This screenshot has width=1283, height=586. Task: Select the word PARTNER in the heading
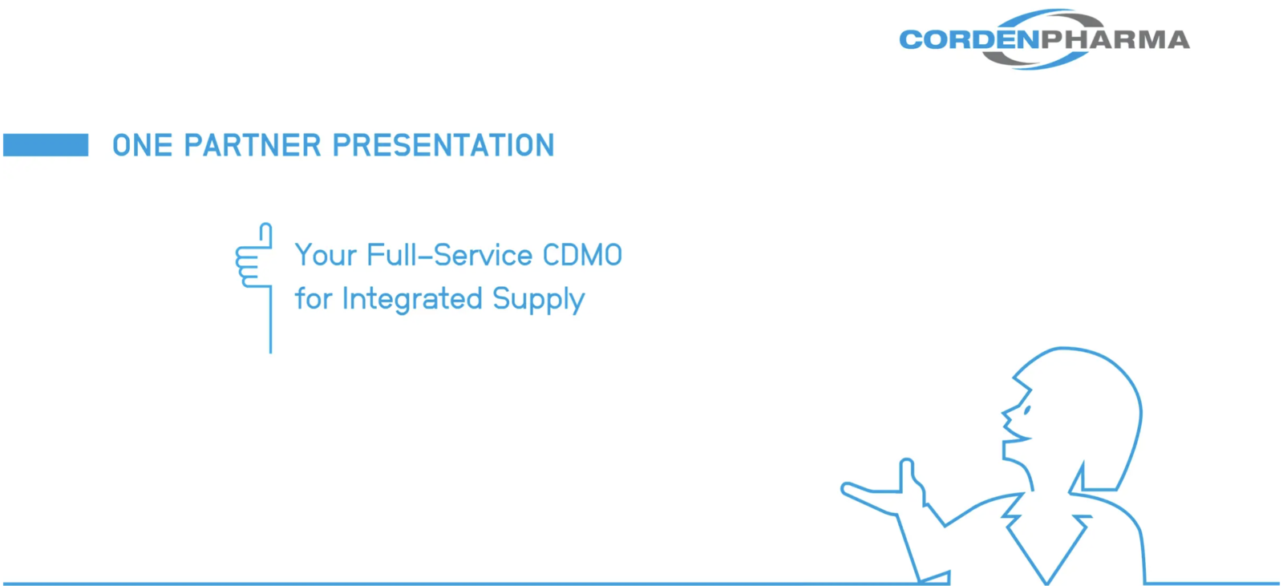pyautogui.click(x=252, y=145)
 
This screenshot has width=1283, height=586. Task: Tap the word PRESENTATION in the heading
pyautogui.click(x=443, y=145)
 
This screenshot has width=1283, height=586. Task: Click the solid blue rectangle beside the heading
pyautogui.click(x=46, y=145)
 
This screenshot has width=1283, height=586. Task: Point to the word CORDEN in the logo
pyautogui.click(x=969, y=40)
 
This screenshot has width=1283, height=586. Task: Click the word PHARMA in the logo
pyautogui.click(x=1115, y=40)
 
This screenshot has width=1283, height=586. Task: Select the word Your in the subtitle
pyautogui.click(x=326, y=255)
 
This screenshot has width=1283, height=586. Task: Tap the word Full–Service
pyautogui.click(x=449, y=255)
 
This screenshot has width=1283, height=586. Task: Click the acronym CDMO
pyautogui.click(x=582, y=255)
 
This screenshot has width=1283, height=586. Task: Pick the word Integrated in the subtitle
pyautogui.click(x=412, y=299)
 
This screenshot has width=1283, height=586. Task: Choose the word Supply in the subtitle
pyautogui.click(x=538, y=299)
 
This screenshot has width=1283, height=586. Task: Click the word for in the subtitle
pyautogui.click(x=314, y=298)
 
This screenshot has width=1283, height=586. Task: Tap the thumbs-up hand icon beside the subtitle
pyautogui.click(x=253, y=255)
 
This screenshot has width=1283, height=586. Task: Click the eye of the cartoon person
pyautogui.click(x=1027, y=410)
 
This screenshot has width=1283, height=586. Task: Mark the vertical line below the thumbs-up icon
pyautogui.click(x=270, y=320)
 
